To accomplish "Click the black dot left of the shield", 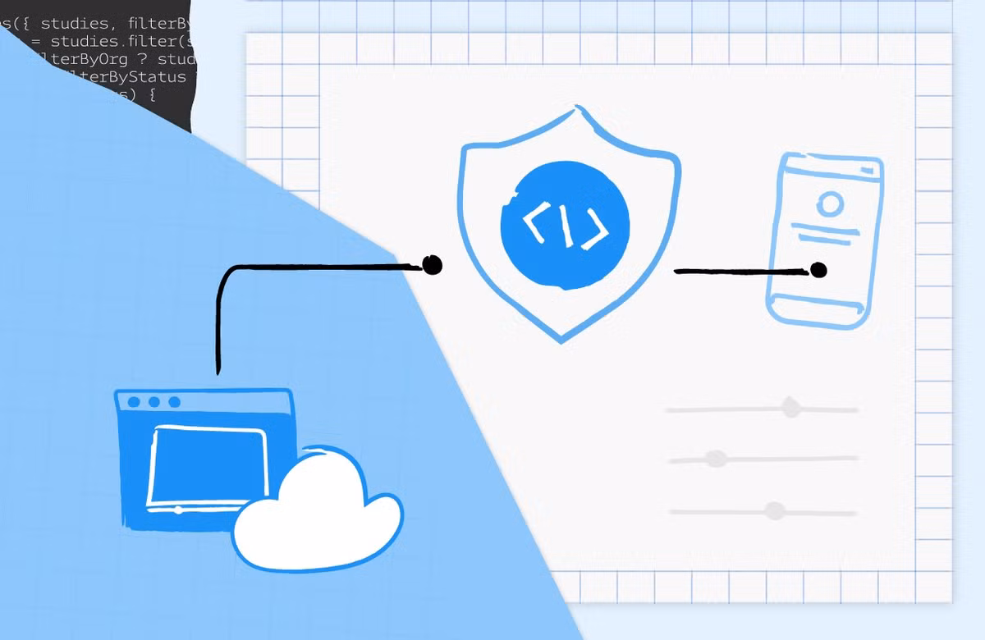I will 432,264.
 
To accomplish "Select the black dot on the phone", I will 818,269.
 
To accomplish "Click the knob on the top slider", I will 790,407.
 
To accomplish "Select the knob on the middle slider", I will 717,459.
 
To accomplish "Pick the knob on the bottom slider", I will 774,511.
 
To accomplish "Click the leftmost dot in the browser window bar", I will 134,402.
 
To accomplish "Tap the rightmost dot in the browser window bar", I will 174,402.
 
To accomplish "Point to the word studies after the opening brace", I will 74,22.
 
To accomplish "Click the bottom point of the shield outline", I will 562,339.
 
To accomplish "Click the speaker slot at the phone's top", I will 865,169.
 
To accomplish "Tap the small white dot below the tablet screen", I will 179,510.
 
